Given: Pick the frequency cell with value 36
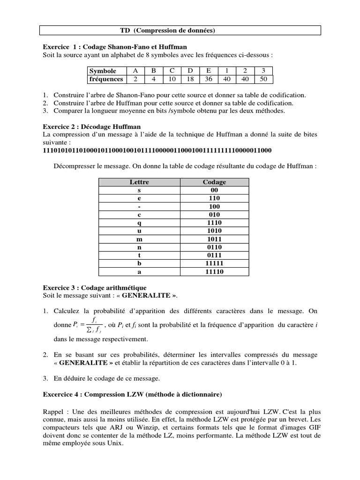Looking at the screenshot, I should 209,79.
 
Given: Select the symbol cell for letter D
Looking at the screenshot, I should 190,71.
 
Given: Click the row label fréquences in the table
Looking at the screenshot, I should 106,79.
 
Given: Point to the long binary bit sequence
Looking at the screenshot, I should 157,150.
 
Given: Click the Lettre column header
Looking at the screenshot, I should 138,182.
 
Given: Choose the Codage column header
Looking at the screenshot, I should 214,182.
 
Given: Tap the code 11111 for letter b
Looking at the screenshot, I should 214,263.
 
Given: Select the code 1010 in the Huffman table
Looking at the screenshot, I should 214,231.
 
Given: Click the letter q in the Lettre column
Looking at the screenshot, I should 138,223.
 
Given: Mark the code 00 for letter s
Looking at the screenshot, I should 214,190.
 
